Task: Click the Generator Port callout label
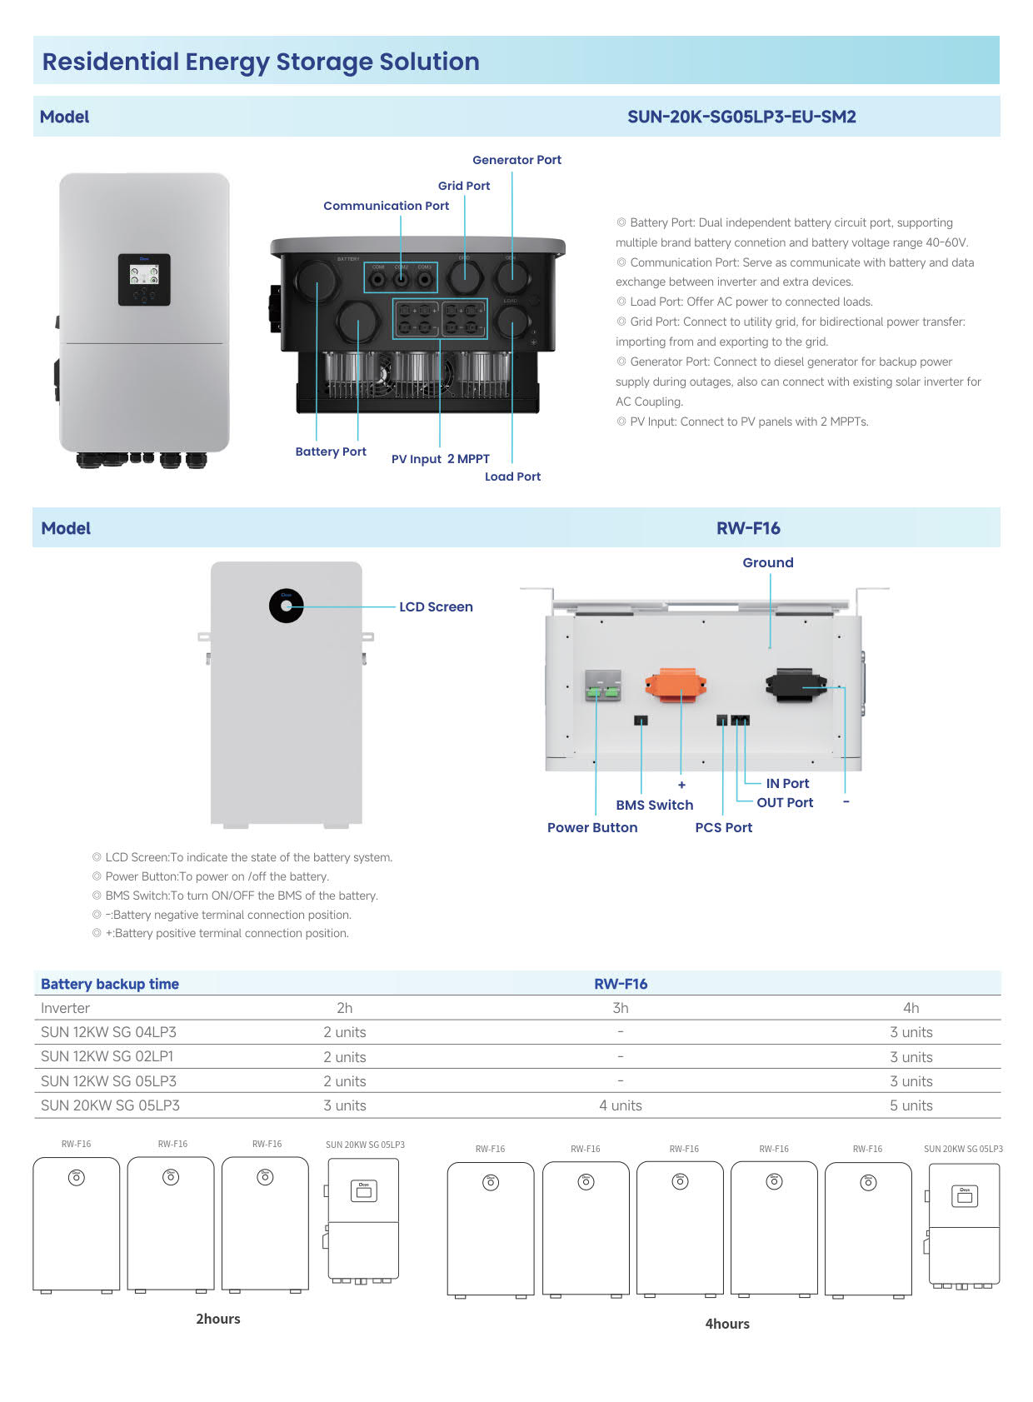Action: [x=516, y=160]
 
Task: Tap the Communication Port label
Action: [x=386, y=206]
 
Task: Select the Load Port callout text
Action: [x=512, y=476]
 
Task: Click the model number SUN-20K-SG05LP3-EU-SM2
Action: [x=741, y=117]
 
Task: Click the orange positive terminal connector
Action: [x=676, y=684]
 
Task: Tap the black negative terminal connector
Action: [x=796, y=685]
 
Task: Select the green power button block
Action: [x=602, y=686]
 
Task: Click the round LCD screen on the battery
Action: [x=287, y=606]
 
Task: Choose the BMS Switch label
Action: [x=654, y=805]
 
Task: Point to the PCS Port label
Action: [x=723, y=827]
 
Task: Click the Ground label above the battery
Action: [x=767, y=562]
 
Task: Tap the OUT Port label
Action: [x=785, y=802]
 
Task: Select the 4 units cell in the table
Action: [x=620, y=1105]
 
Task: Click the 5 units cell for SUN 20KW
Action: [x=911, y=1105]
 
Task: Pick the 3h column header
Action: [x=620, y=1008]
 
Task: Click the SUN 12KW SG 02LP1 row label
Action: [x=107, y=1056]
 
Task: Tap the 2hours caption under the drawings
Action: [x=218, y=1319]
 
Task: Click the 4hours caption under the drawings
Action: [x=727, y=1324]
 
